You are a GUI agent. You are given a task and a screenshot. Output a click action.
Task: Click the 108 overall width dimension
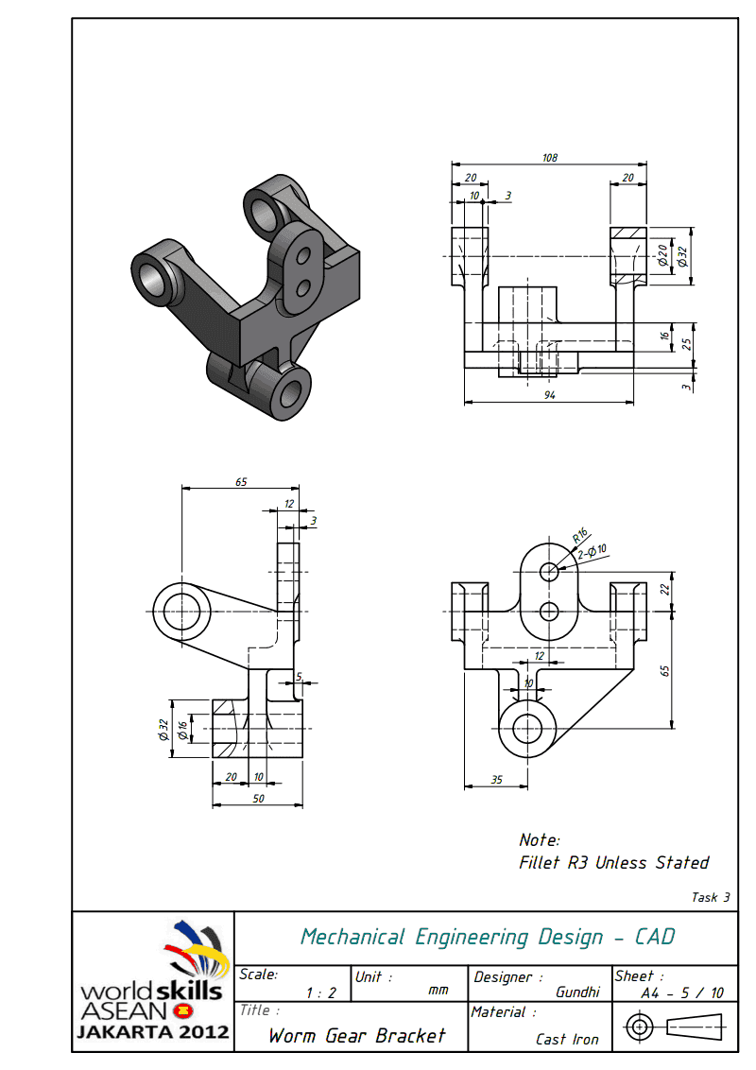[549, 158]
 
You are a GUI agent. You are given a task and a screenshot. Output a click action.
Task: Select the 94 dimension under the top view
[549, 394]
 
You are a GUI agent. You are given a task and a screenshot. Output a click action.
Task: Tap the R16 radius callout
[580, 537]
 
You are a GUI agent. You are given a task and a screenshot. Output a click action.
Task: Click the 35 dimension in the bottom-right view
[496, 779]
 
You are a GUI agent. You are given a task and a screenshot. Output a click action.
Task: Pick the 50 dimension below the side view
[257, 799]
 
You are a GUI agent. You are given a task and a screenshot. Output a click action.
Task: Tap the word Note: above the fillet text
[540, 839]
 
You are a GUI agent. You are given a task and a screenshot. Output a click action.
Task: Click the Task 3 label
[711, 897]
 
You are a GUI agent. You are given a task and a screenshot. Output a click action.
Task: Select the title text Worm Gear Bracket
[356, 1035]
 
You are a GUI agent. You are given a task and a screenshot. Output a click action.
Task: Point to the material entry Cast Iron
[567, 1039]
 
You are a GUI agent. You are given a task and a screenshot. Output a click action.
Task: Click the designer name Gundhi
[577, 992]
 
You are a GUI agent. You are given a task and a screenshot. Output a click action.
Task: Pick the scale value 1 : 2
[321, 992]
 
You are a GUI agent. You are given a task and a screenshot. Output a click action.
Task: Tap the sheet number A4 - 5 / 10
[682, 992]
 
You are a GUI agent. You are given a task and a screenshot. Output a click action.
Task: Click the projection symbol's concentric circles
[640, 1026]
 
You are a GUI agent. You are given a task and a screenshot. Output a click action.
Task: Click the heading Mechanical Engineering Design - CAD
[488, 937]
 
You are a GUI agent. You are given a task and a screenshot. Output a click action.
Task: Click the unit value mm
[438, 991]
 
